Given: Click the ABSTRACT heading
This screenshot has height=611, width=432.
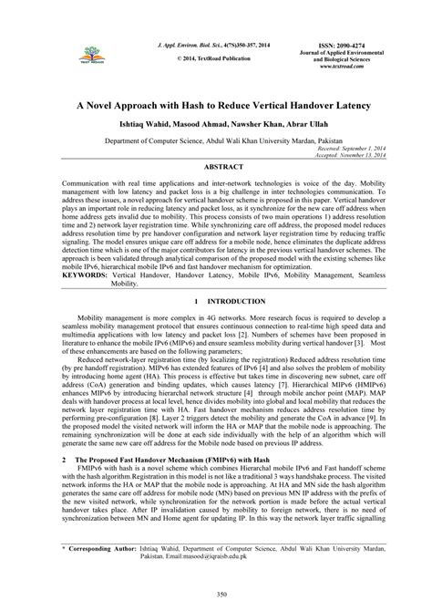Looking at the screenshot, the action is click(x=216, y=168).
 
